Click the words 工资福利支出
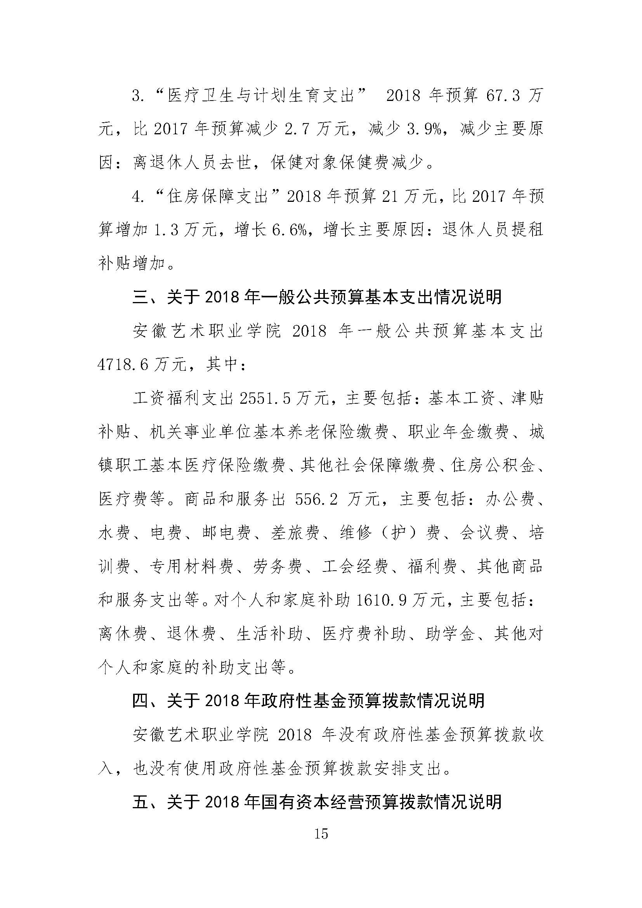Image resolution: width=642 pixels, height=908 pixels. coord(184,399)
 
